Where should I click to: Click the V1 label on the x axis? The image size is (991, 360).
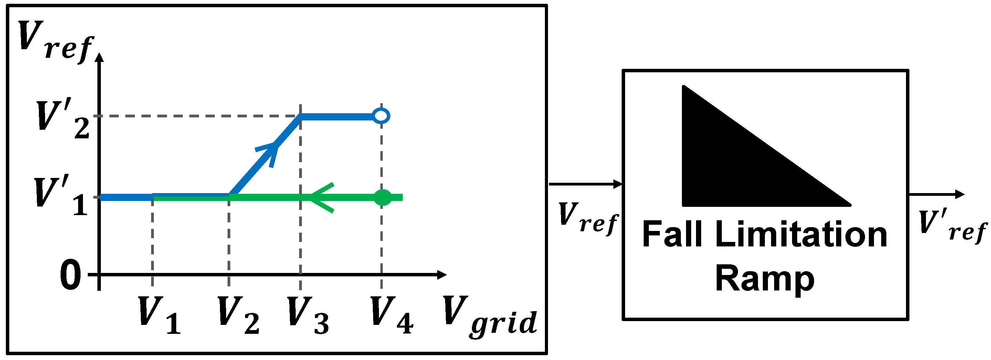click(x=158, y=315)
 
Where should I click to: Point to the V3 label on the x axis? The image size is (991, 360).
click(x=308, y=315)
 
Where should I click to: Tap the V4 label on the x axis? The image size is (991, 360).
click(x=391, y=315)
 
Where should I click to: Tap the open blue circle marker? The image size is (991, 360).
click(x=381, y=115)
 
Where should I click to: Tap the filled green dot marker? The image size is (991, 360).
click(x=383, y=198)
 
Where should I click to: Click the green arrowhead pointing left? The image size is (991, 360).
click(x=321, y=198)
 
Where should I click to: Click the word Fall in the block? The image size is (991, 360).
click(x=672, y=235)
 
